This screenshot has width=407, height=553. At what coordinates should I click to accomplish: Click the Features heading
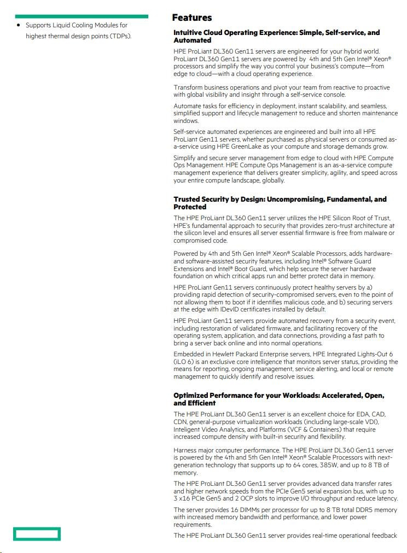[192, 18]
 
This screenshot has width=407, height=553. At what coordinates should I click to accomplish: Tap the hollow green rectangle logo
[37, 533]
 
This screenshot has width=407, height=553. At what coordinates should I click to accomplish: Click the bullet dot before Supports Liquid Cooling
[19, 25]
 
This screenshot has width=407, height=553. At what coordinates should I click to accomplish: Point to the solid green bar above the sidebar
[82, 16]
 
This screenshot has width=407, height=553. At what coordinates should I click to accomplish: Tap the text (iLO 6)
[184, 362]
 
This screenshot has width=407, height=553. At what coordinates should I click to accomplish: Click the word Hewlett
[220, 354]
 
